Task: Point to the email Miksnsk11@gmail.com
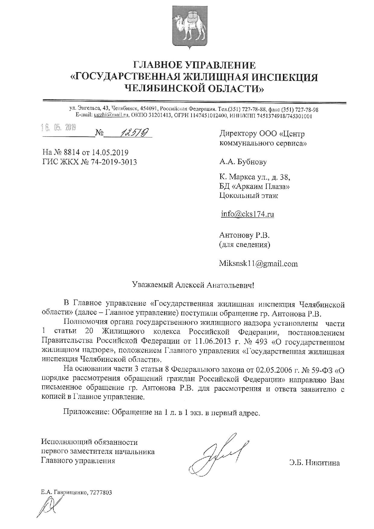[x=258, y=264]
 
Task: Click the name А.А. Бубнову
[x=243, y=162]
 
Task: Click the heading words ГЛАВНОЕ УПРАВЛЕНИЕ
[x=194, y=65]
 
